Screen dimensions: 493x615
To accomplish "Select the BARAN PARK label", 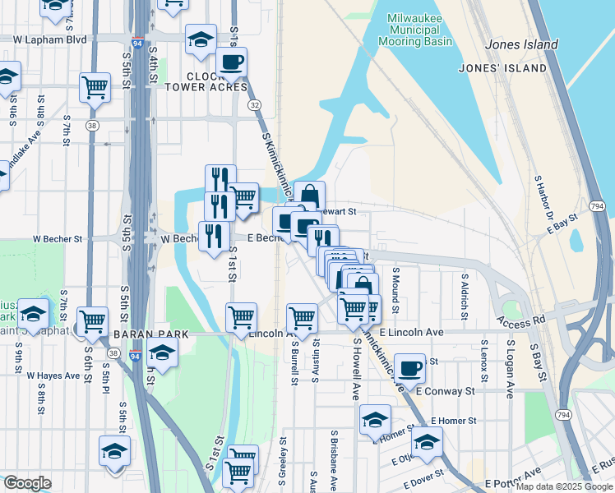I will click(152, 334).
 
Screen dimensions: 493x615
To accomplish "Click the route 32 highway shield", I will click(255, 104).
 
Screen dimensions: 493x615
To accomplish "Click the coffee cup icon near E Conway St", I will click(409, 366).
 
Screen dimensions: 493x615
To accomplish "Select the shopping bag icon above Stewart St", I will click(309, 195).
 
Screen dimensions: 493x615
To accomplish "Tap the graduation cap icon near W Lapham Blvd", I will click(201, 39).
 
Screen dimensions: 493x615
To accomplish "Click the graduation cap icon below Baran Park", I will click(163, 354).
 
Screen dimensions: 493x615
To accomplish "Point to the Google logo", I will click(26, 483).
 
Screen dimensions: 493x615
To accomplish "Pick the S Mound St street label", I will click(395, 289).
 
